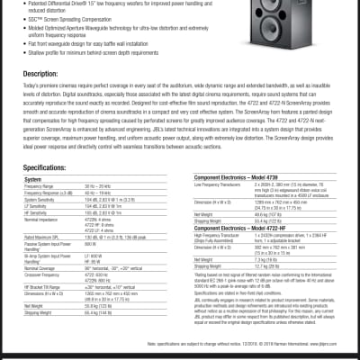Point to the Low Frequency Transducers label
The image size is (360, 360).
click(x=225, y=185)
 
